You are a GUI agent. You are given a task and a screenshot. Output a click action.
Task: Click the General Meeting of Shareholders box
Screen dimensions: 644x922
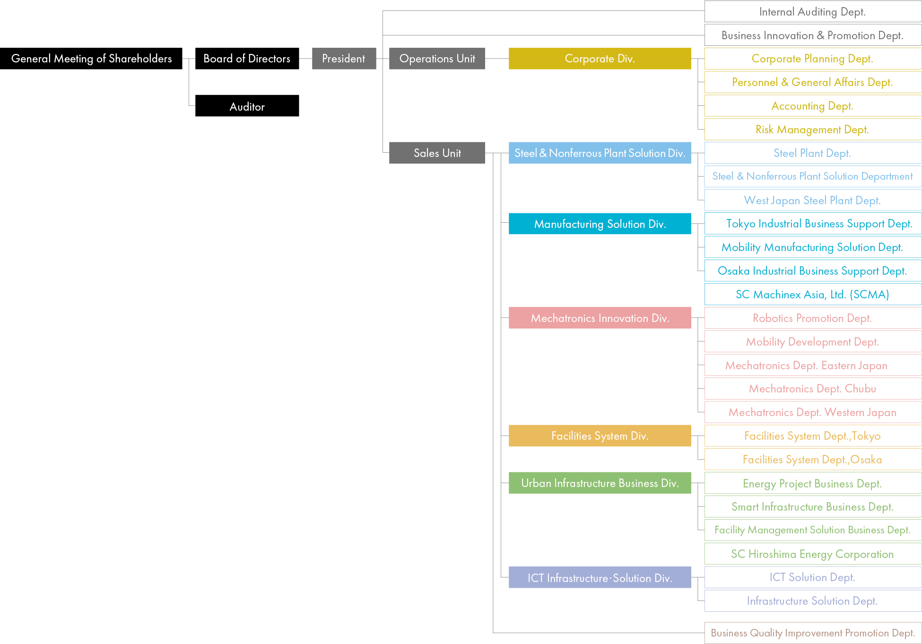tap(91, 59)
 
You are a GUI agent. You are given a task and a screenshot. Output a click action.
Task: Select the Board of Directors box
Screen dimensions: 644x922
tap(247, 59)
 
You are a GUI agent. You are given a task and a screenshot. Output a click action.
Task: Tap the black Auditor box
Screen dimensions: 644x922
tap(247, 106)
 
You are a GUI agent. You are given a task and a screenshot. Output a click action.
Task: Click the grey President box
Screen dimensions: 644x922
tap(344, 59)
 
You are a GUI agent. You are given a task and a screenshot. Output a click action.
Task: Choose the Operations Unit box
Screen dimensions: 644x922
tap(437, 59)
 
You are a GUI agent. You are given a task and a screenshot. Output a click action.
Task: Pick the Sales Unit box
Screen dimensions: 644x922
tap(437, 153)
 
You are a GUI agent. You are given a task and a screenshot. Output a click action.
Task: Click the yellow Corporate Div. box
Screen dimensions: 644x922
tap(600, 59)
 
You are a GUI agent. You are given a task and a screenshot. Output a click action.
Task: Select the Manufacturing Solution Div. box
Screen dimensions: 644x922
tap(600, 224)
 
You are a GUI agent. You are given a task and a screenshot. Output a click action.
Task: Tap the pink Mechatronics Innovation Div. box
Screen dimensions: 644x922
tap(600, 318)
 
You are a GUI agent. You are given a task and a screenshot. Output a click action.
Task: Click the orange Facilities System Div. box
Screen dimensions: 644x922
tap(600, 435)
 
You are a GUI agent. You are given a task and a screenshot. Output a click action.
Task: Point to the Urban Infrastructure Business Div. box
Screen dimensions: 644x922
tap(600, 483)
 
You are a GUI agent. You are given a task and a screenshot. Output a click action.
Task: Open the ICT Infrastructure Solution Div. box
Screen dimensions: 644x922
tap(600, 577)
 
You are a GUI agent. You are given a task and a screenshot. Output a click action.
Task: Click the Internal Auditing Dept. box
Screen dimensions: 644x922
tap(812, 12)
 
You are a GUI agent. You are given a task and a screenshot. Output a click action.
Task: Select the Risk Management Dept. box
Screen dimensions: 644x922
tap(812, 130)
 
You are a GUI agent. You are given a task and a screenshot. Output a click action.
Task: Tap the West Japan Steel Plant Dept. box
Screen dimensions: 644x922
tap(812, 200)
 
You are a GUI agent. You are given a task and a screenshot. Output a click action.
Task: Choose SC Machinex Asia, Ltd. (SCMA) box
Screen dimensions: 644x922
tap(812, 294)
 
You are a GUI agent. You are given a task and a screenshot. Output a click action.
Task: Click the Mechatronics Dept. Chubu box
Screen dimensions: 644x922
tap(812, 389)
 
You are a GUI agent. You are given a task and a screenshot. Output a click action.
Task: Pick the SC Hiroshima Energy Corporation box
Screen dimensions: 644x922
tap(812, 554)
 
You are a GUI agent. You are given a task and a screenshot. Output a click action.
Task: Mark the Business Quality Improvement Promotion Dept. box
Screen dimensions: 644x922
tap(812, 633)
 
